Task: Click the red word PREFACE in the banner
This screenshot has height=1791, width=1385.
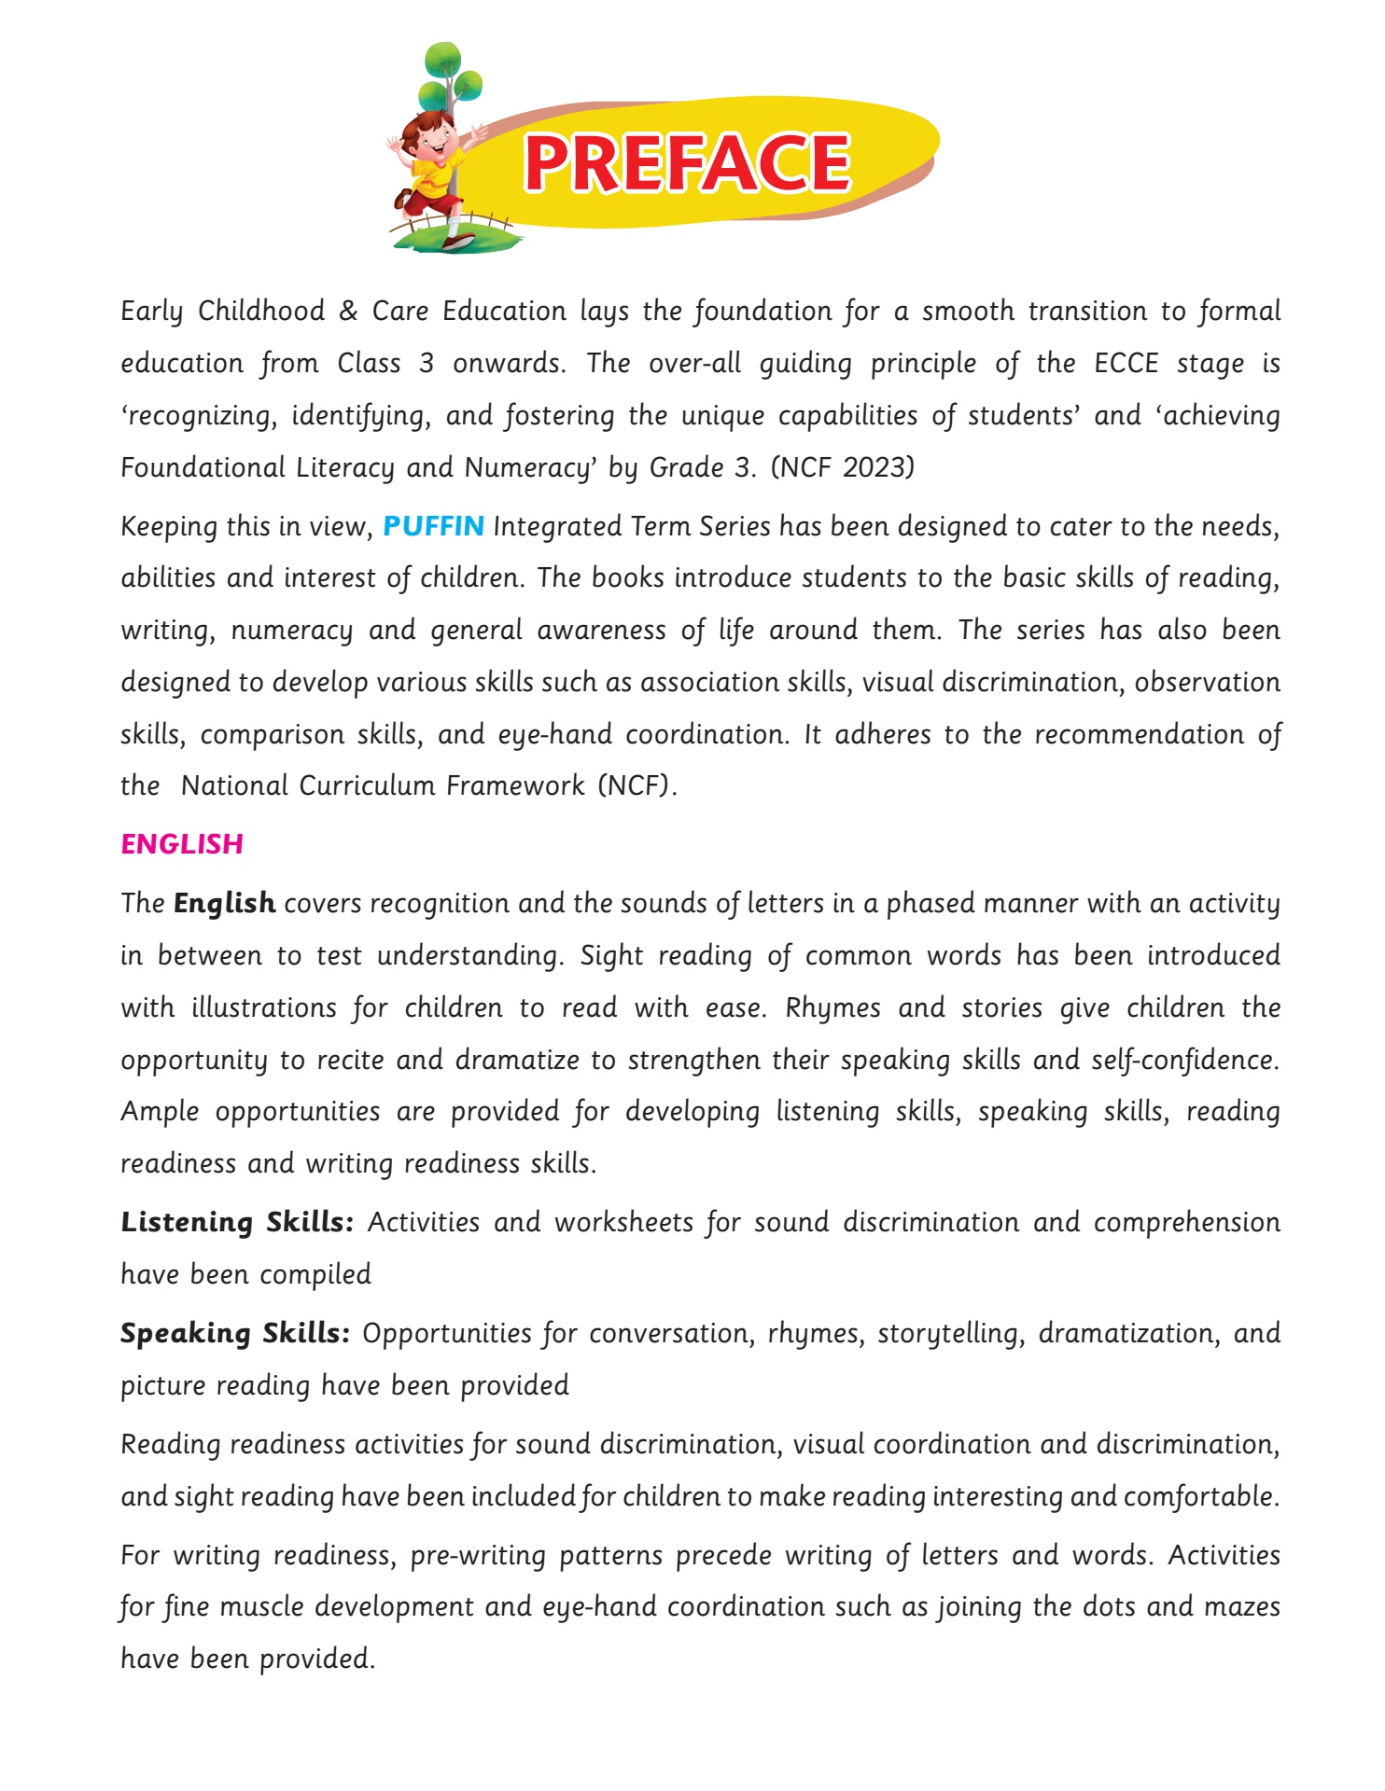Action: tap(687, 163)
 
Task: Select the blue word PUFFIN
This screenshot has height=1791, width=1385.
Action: tap(433, 526)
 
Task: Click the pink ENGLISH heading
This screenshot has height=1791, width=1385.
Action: tap(182, 844)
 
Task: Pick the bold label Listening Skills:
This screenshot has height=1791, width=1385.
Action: tap(237, 1222)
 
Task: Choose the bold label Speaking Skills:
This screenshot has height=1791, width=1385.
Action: tap(235, 1333)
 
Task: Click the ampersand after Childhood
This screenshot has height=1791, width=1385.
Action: tap(348, 311)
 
